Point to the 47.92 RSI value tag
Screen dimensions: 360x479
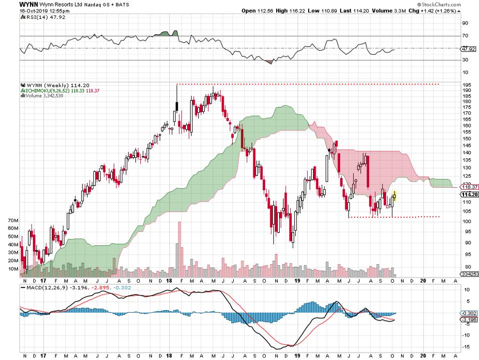pyautogui.click(x=468, y=49)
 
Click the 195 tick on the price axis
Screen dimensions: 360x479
pyautogui.click(x=466, y=84)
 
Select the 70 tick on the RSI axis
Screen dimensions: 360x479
pyautogui.click(x=465, y=36)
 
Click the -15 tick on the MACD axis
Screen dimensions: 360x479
pyautogui.click(x=466, y=346)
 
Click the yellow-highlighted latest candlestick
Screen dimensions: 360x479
pyautogui.click(x=395, y=196)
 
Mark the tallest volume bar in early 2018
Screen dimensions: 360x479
pyautogui.click(x=179, y=250)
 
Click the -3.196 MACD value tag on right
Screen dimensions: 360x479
pyautogui.click(x=469, y=320)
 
